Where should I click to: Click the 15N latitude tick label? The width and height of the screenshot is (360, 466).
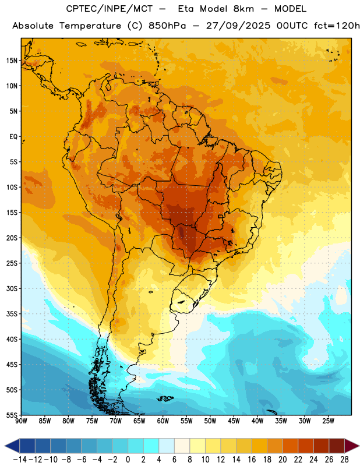click(12, 61)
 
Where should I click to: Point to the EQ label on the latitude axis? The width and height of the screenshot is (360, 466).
click(13, 137)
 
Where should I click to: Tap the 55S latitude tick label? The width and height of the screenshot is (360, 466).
click(12, 415)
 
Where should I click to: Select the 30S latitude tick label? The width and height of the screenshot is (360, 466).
click(12, 288)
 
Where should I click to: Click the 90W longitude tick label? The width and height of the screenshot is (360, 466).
click(21, 421)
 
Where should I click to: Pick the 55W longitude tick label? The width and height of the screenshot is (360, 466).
click(186, 421)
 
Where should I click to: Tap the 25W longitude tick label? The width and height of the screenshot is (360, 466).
click(328, 421)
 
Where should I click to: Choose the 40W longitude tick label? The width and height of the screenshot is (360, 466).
click(257, 421)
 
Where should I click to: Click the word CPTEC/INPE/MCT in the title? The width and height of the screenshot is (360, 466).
click(109, 9)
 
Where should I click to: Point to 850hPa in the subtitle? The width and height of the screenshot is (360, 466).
click(167, 26)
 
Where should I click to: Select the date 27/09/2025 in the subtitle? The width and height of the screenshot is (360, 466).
click(238, 26)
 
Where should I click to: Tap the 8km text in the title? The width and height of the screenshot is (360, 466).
click(243, 9)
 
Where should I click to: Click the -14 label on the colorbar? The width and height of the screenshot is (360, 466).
click(20, 460)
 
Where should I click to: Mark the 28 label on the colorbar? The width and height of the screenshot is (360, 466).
click(344, 460)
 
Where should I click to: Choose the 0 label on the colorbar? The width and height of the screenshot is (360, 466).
click(128, 460)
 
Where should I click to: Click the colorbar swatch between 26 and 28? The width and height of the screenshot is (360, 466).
click(337, 446)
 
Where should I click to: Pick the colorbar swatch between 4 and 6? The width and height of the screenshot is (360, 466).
click(167, 446)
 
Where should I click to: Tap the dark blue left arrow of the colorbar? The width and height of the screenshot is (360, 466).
click(12, 446)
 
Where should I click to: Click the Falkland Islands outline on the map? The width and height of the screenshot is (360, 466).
click(165, 398)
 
